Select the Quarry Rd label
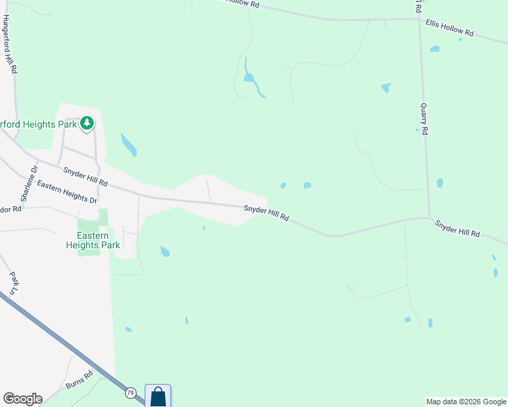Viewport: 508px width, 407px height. click(424, 119)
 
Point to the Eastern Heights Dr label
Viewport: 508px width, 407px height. click(67, 192)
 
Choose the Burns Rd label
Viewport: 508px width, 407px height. click(79, 380)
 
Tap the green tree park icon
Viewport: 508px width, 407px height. click(86, 123)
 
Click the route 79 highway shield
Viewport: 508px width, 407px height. click(130, 392)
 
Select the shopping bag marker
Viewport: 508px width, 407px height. click(158, 395)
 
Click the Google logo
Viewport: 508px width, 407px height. click(22, 399)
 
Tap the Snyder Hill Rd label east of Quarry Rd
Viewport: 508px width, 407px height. click(457, 229)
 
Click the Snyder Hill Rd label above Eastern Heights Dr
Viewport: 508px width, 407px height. click(85, 177)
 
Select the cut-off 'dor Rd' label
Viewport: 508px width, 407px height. click(12, 209)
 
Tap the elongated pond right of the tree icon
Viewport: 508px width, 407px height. click(128, 144)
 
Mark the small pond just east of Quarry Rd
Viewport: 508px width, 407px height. click(439, 182)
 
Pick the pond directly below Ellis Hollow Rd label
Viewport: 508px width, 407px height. click(434, 49)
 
